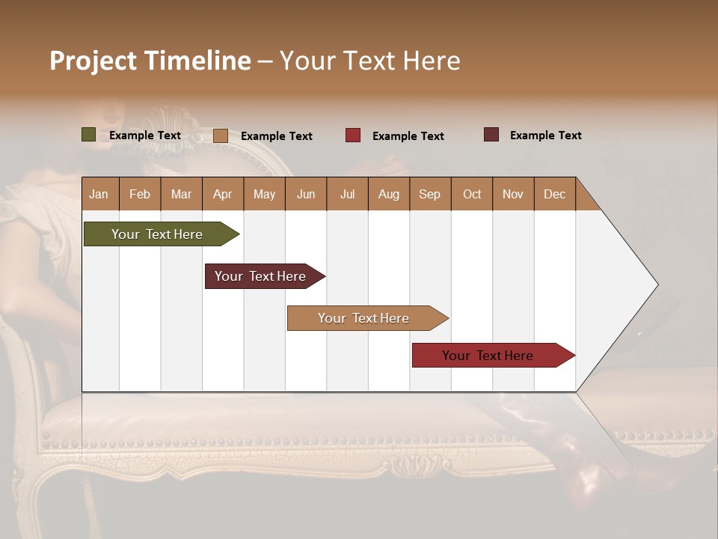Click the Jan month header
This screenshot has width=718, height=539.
tap(99, 194)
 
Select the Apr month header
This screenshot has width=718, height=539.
tap(223, 194)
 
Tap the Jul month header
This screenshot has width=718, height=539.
tap(347, 194)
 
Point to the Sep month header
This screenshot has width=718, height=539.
tap(430, 194)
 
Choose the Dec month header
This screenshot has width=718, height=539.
tap(554, 194)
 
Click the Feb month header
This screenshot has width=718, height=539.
tap(140, 194)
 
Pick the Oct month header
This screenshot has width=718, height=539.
tap(472, 194)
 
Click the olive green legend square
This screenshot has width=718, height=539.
tap(89, 135)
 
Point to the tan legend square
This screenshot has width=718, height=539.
tap(221, 135)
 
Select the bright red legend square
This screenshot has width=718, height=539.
tap(353, 135)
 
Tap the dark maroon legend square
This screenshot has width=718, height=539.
tap(491, 135)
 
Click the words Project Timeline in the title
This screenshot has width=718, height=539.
tap(150, 61)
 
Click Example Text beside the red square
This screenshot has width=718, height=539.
tap(408, 136)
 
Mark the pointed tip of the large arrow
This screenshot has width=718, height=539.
tap(657, 284)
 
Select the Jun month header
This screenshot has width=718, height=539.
tap(306, 194)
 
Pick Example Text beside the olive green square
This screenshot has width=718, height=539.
tap(145, 135)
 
